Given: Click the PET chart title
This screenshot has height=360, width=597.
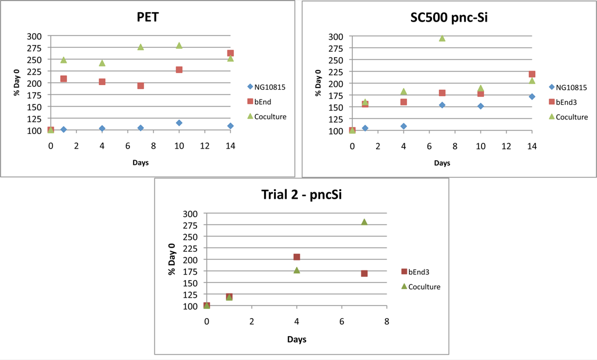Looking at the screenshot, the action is point(148,17).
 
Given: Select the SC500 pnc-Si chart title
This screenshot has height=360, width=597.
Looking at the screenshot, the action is point(449,17).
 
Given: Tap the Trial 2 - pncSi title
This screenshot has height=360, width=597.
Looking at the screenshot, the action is point(301,195).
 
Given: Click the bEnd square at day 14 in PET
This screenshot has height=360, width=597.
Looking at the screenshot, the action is point(230,53).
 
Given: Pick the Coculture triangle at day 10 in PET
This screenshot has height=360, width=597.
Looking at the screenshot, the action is point(179,45).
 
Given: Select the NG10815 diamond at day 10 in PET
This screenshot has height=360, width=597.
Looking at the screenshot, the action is point(179,123).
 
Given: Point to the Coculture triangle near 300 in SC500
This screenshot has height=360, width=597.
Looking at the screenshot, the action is point(442,38).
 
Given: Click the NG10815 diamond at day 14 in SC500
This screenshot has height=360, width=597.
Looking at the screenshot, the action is point(532,97).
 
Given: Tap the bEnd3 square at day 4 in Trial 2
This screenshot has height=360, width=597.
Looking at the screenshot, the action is point(297,257).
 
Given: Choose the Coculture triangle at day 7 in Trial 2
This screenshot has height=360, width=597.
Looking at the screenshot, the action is point(364,222).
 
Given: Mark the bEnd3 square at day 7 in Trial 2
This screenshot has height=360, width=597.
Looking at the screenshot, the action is point(364,273).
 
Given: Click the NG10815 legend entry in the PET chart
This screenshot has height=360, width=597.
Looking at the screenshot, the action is point(266,87).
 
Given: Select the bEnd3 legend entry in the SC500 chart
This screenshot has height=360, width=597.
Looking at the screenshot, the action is point(563,102).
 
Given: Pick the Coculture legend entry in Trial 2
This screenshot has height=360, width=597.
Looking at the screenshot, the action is point(421,287).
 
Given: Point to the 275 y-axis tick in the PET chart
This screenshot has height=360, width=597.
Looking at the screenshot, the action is point(34,48).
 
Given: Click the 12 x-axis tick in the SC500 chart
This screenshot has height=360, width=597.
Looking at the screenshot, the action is point(506,146).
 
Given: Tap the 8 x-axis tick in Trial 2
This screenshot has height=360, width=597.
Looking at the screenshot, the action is point(387,322).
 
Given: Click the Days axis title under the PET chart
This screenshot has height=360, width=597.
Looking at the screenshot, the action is point(141,163).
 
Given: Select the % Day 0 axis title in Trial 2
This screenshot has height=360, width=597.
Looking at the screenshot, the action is point(172,259).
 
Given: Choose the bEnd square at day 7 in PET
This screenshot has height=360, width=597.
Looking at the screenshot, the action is point(141,86).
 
